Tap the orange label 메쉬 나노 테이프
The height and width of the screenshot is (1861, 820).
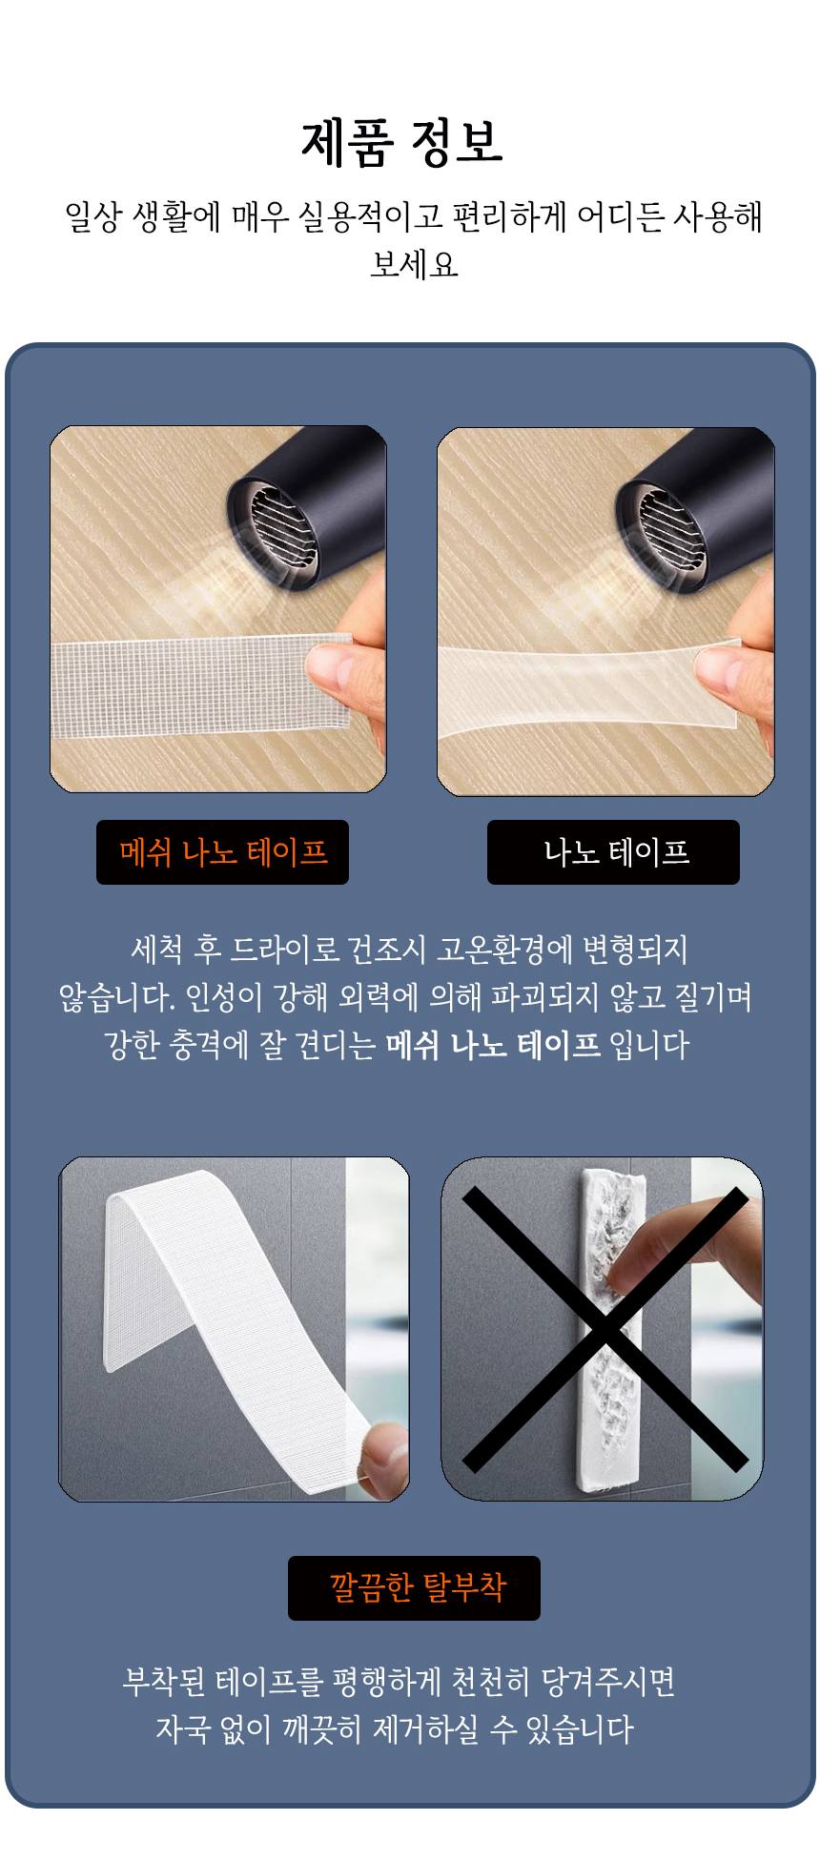pos(223,851)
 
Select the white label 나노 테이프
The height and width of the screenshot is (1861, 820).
pos(616,851)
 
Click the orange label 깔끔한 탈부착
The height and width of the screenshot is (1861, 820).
pos(417,1586)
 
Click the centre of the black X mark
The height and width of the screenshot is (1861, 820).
pos(605,1329)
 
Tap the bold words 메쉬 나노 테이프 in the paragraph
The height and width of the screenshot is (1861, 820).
pos(493,1045)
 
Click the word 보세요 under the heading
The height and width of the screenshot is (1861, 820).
pos(414,264)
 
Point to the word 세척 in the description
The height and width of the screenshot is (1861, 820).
pos(156,949)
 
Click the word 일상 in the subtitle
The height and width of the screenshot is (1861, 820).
pos(93,216)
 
